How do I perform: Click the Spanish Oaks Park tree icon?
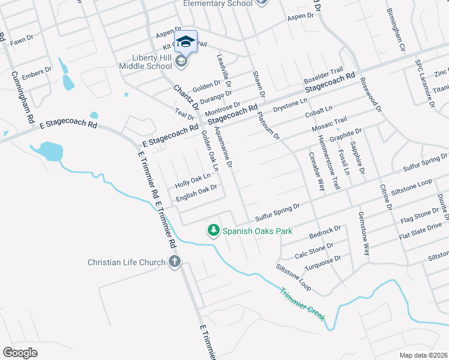pos(213,230)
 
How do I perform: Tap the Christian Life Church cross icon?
pos(174,262)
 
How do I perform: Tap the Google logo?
pos(20,353)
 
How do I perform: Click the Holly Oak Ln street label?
pos(193,180)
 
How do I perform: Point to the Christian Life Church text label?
pos(126,262)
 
